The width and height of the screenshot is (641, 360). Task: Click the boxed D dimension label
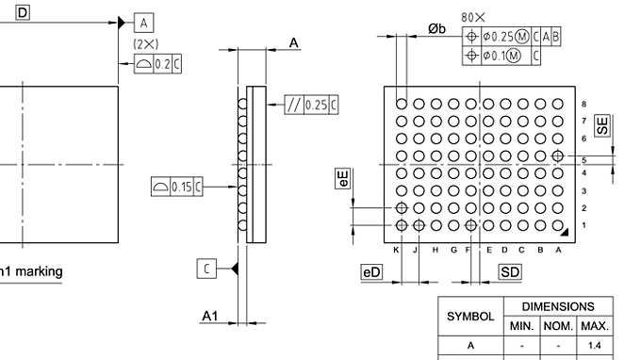[x=22, y=11]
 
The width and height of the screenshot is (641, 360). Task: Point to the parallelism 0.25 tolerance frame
[x=311, y=105]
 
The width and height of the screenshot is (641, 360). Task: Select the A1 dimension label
[x=210, y=317]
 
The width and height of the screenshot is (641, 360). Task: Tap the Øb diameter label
[x=436, y=29]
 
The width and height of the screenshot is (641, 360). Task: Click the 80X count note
[x=473, y=17]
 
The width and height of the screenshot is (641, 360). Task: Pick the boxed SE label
[x=602, y=125]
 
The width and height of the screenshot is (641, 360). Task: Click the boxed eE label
[x=344, y=180]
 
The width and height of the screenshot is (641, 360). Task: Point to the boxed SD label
[x=510, y=272]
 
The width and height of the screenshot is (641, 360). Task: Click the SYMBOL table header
[x=469, y=317]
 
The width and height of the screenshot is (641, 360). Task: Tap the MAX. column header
[x=594, y=326]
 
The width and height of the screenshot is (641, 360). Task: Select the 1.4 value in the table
[x=594, y=346]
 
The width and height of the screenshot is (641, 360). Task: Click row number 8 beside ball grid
[x=584, y=104]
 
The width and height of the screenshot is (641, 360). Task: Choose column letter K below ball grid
[x=397, y=250]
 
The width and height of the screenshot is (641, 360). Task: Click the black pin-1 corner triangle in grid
[x=563, y=230]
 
